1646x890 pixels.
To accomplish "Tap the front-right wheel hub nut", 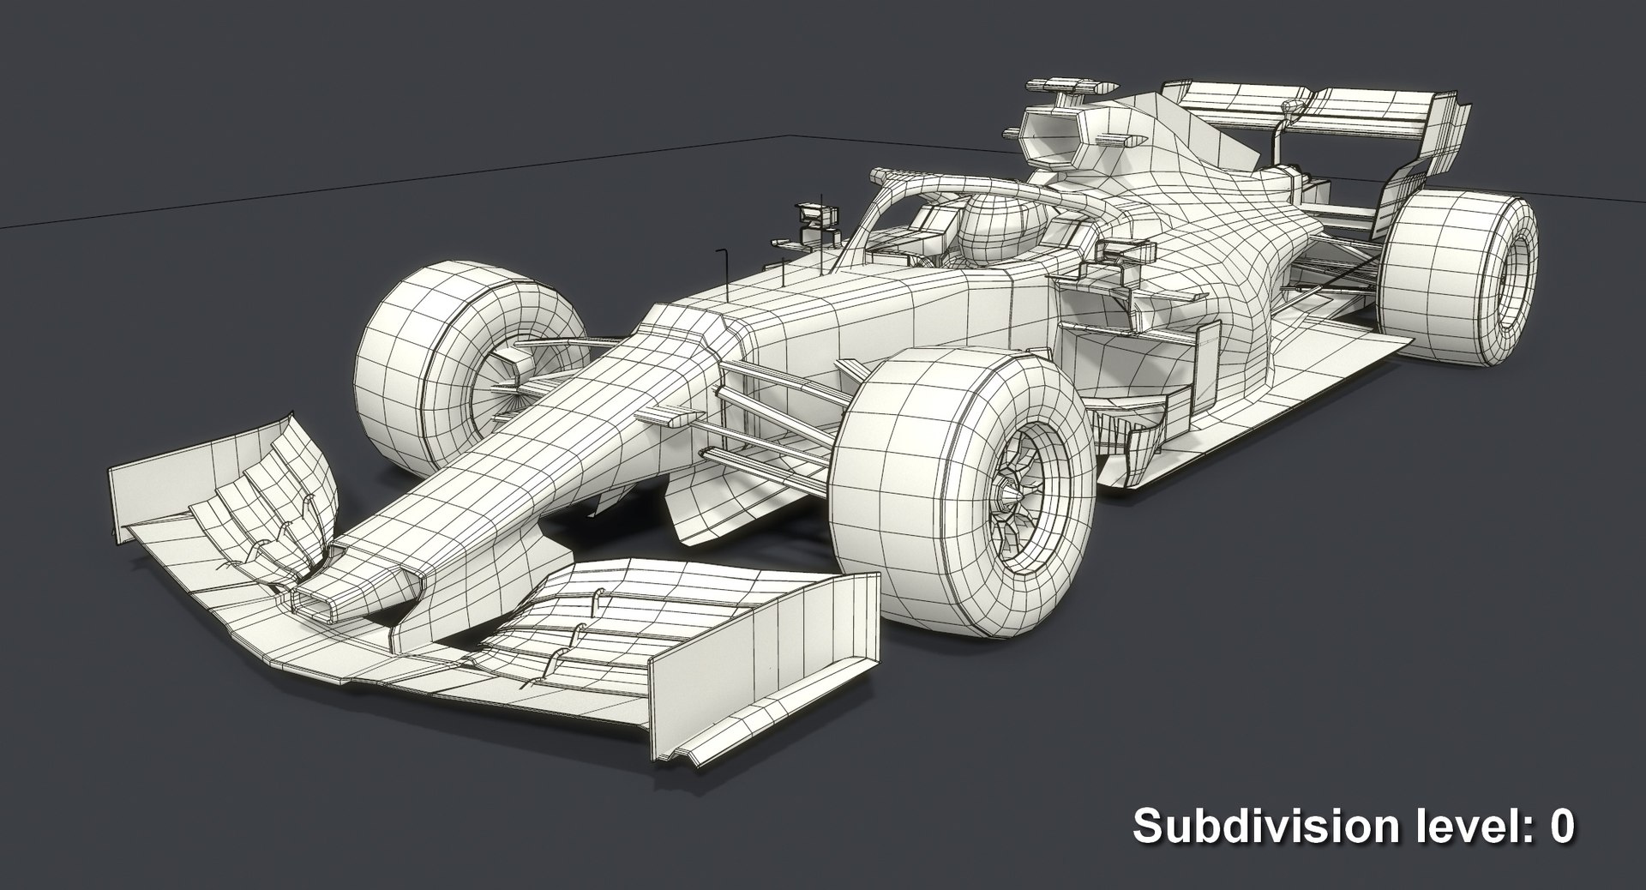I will tap(1011, 496).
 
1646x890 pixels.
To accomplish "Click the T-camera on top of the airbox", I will tap(1071, 87).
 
